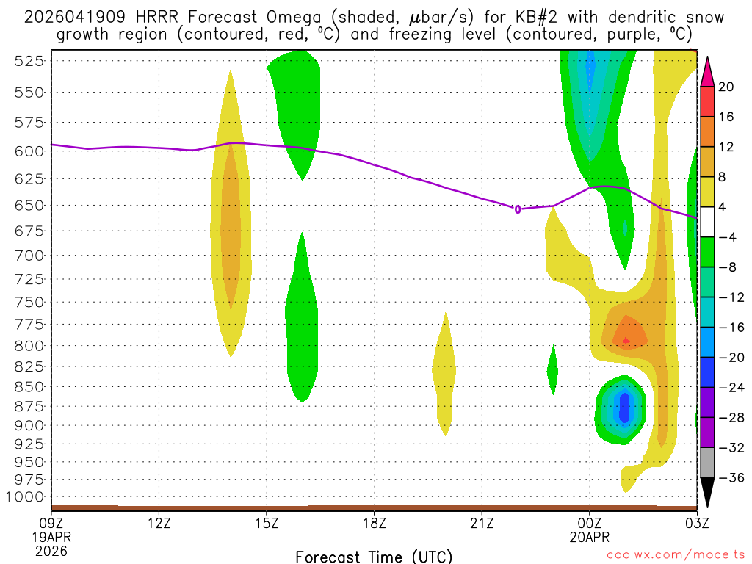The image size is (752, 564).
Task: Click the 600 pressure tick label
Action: (29, 151)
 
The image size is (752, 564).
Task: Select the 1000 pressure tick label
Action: (25, 497)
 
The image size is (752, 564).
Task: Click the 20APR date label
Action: (589, 537)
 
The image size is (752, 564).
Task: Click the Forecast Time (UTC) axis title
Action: (374, 555)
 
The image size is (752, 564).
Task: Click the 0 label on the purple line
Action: (517, 209)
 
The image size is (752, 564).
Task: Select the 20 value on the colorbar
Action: (726, 87)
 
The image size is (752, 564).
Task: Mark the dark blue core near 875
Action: (624, 408)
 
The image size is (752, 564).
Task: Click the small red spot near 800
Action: (626, 340)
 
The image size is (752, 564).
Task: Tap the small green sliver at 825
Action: (553, 369)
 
